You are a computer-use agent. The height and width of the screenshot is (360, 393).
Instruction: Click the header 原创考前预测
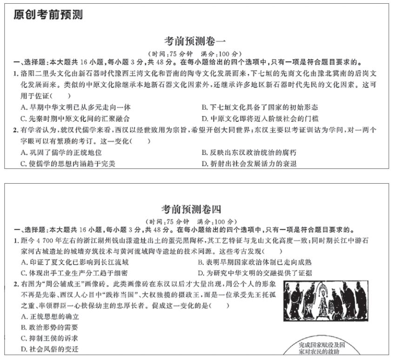click(48, 15)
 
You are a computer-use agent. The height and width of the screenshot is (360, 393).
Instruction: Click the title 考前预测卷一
click(192, 41)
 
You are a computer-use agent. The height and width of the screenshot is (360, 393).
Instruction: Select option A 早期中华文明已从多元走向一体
click(73, 107)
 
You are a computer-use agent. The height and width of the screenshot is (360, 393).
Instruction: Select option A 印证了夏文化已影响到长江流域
click(73, 262)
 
